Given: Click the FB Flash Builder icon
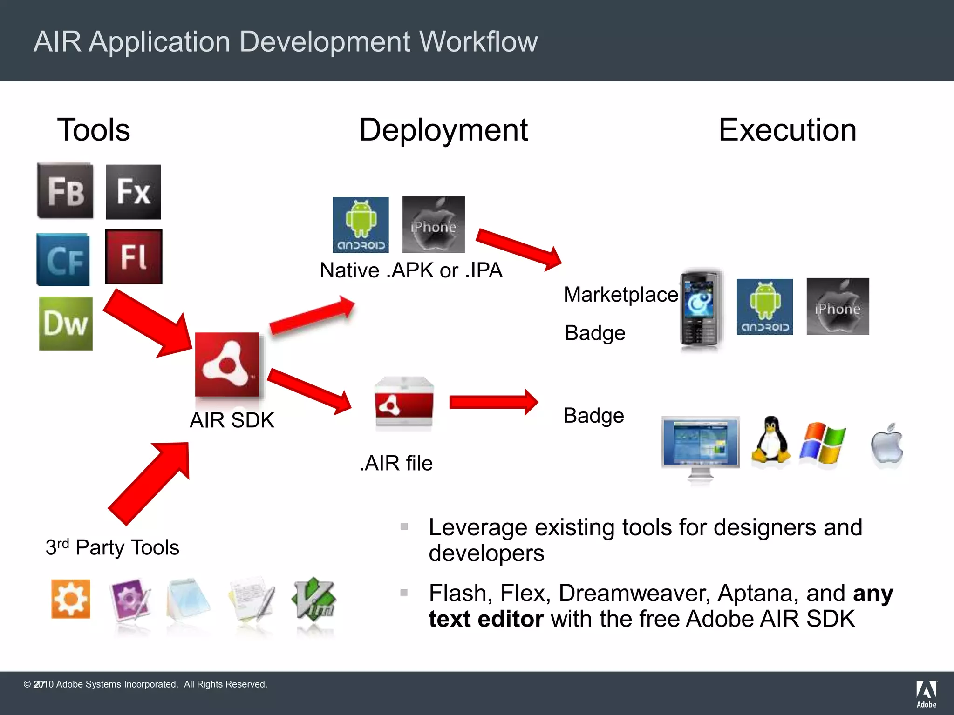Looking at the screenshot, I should tap(65, 191).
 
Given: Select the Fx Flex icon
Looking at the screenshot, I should tap(133, 192).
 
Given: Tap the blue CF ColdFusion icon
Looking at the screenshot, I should tap(63, 259).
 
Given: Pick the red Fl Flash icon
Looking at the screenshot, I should tap(134, 256).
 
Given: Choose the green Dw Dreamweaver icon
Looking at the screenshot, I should tap(66, 324).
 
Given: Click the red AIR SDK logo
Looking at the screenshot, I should tap(227, 364).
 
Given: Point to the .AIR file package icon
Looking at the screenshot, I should tap(404, 403).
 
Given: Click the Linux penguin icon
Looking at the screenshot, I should tap(771, 440).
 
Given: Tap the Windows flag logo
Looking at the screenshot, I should tap(823, 443).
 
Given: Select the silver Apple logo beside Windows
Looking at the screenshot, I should tap(887, 444).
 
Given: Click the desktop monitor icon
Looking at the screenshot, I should tap(700, 447).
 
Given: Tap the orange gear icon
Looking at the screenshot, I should tap(71, 599).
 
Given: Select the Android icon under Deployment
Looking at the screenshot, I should tap(361, 225).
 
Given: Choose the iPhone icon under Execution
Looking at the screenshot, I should tap(838, 306).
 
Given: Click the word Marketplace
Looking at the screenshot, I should tap(621, 295).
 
